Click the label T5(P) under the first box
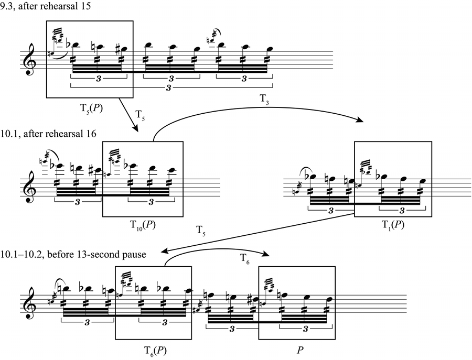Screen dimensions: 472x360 (x=91, y=108)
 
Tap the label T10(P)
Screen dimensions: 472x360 (x=143, y=225)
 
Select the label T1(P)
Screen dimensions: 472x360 (x=393, y=225)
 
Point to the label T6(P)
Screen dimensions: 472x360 (x=155, y=351)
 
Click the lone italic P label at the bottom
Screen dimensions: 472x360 (x=300, y=350)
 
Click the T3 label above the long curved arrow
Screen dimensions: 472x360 (x=264, y=99)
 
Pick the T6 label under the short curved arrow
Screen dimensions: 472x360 (x=245, y=258)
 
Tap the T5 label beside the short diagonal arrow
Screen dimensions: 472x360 (x=140, y=115)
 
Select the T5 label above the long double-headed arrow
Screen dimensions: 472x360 (x=201, y=231)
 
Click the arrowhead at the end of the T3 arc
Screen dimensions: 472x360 (x=360, y=120)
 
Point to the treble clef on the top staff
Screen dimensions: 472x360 (x=30, y=59)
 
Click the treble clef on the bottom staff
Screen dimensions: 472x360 (x=30, y=303)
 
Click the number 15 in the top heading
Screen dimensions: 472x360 (x=86, y=6)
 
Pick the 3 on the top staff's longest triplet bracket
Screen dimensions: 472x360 (x=168, y=88)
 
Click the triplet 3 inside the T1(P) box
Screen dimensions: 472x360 (x=402, y=211)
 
